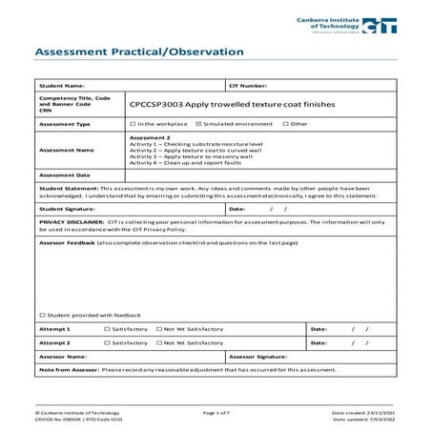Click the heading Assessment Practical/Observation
tap(138, 51)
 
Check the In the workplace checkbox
tap(132, 124)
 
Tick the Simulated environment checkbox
tap(197, 124)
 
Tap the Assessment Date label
tap(65, 175)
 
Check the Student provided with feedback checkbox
tap(42, 316)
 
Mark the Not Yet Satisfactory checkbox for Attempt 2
tap(158, 342)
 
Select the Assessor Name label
tap(63, 356)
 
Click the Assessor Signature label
tap(257, 356)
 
